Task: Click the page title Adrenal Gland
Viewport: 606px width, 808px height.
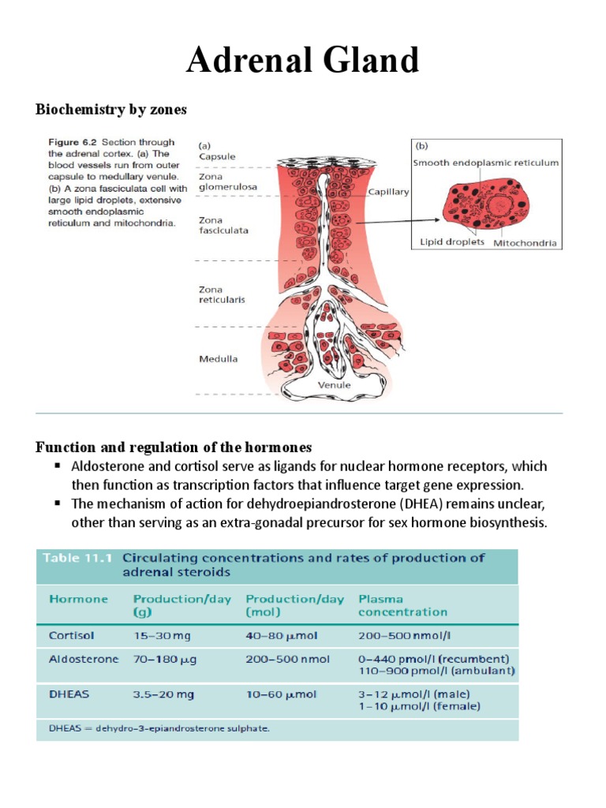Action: [x=302, y=60]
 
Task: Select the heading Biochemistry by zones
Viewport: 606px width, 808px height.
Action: [x=111, y=110]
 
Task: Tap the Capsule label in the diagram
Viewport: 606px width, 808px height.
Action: [x=217, y=156]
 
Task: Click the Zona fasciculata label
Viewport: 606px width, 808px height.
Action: [x=223, y=226]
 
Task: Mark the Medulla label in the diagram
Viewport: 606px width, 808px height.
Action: [x=218, y=359]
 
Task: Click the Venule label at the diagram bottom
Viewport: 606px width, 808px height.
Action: [x=334, y=385]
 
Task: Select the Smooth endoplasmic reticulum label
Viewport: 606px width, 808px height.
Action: [x=485, y=163]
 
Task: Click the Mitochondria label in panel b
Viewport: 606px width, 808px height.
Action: [x=526, y=243]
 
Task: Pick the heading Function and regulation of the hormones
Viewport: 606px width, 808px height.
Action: [x=174, y=447]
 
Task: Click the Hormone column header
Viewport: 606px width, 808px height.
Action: [x=79, y=599]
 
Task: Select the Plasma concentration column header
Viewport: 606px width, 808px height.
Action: [x=402, y=605]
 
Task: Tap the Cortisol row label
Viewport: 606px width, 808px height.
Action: [x=72, y=635]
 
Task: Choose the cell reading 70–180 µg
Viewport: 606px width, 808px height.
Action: [x=165, y=659]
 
